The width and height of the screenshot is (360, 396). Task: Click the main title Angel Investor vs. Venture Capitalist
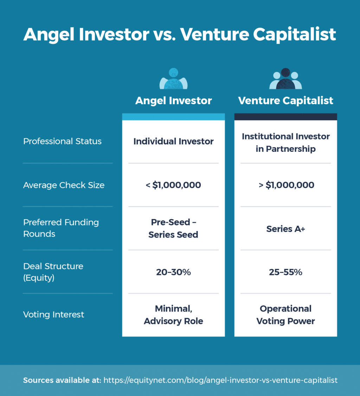pyautogui.click(x=180, y=34)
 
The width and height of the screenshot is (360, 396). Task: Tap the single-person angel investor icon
pyautogui.click(x=173, y=79)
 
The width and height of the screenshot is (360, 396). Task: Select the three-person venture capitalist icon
pyautogui.click(x=285, y=79)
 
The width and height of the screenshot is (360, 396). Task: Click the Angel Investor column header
pyautogui.click(x=173, y=101)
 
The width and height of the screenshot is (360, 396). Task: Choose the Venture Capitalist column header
pyautogui.click(x=285, y=101)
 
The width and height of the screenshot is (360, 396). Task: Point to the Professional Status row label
pyautogui.click(x=62, y=142)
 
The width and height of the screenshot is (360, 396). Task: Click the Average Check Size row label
pyautogui.click(x=64, y=185)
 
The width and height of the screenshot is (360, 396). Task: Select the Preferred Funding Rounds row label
pyautogui.click(x=61, y=228)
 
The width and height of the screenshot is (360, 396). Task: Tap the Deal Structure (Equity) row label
pyautogui.click(x=53, y=272)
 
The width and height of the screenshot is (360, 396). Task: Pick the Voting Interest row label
pyautogui.click(x=53, y=314)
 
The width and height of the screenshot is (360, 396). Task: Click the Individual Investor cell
pyautogui.click(x=173, y=142)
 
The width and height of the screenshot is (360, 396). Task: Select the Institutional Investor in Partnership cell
pyautogui.click(x=285, y=143)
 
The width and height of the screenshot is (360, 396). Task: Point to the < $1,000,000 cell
pyautogui.click(x=173, y=185)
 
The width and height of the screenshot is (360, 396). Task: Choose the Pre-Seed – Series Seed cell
pyautogui.click(x=173, y=228)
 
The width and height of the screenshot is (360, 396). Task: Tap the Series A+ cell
pyautogui.click(x=285, y=229)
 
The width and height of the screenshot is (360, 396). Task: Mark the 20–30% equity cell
pyautogui.click(x=173, y=272)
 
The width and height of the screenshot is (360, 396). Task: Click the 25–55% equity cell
pyautogui.click(x=285, y=272)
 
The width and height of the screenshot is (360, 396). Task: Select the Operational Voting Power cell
pyautogui.click(x=285, y=315)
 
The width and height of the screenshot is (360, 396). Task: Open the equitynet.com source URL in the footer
pyautogui.click(x=220, y=381)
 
